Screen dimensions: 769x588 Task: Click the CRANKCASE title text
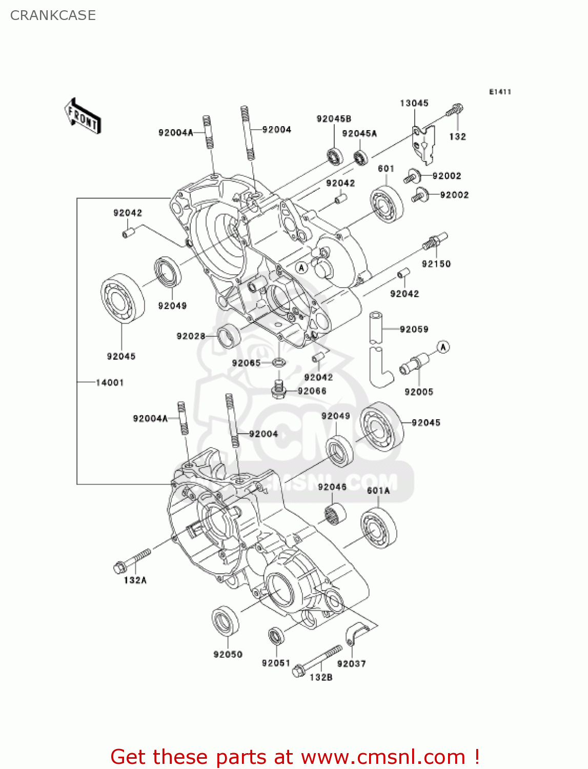point(53,15)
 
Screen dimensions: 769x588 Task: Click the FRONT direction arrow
point(83,117)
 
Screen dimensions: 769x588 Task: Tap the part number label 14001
point(110,382)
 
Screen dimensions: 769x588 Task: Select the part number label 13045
point(414,103)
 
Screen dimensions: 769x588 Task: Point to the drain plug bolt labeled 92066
point(278,391)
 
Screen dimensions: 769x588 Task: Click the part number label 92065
point(246,363)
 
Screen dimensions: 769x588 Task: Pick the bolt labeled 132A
point(132,561)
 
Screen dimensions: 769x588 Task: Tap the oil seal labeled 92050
point(226,622)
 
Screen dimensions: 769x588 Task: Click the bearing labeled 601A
point(378,528)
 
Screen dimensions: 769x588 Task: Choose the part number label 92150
point(436,264)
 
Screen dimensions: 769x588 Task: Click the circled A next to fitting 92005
point(443,347)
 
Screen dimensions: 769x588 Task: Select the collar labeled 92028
point(229,336)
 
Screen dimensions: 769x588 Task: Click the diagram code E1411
point(500,92)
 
